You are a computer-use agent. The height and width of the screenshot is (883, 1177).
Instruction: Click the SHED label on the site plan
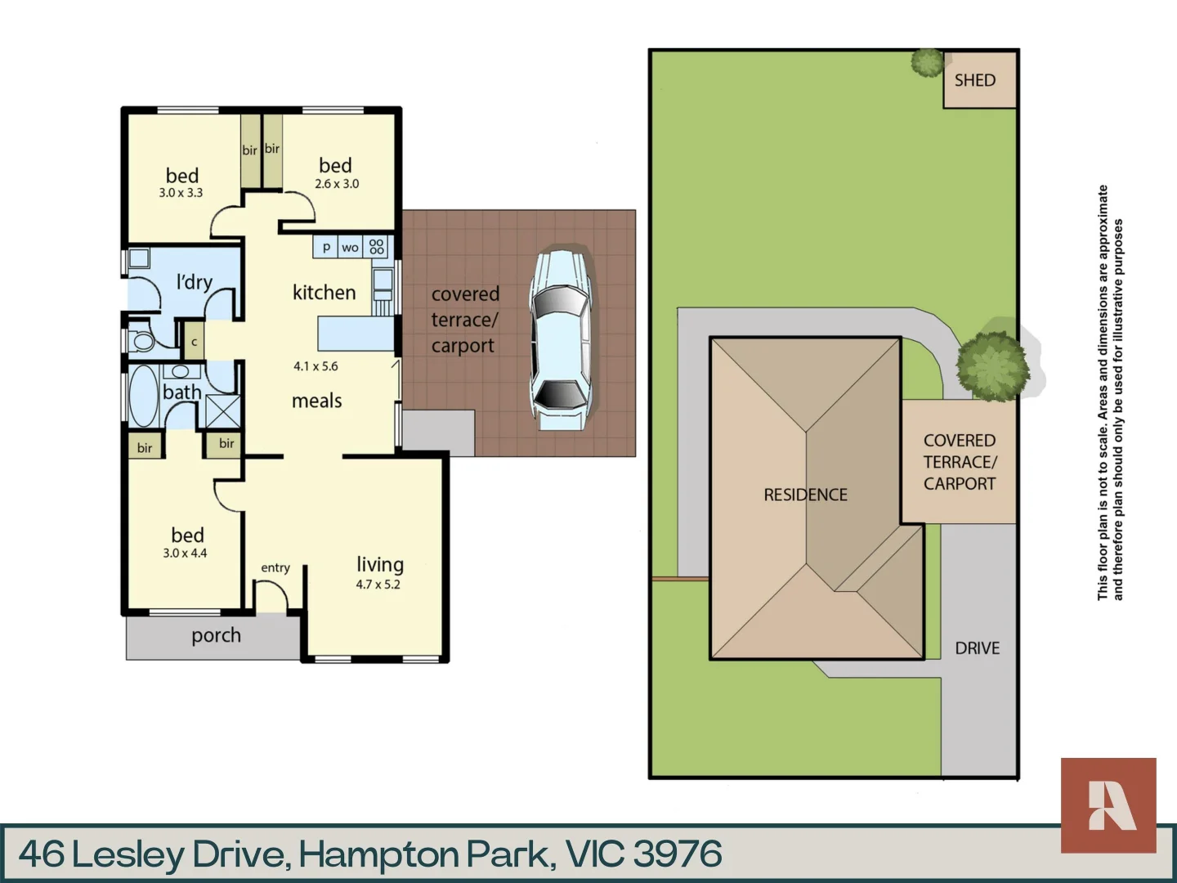975,80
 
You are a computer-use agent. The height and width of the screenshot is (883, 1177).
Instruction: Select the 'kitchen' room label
324,293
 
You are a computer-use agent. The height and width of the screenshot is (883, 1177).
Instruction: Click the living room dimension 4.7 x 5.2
378,585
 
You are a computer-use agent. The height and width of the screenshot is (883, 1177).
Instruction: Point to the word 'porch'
216,635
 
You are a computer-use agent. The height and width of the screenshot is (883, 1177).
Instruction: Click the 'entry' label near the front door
275,567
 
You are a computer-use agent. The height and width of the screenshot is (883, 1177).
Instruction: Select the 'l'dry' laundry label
195,282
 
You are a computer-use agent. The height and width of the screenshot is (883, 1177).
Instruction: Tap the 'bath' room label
181,392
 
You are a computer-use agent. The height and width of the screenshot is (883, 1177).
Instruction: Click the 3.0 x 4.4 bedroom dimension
185,554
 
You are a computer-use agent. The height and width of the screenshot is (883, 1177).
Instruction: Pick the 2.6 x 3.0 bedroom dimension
337,184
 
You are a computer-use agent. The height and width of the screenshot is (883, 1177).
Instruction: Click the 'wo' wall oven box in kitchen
350,247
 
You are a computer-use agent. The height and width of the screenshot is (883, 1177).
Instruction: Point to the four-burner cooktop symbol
377,246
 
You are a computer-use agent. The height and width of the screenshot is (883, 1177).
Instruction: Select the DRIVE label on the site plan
977,648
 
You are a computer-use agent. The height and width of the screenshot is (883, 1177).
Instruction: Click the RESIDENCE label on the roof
805,495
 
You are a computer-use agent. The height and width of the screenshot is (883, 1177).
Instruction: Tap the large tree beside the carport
992,365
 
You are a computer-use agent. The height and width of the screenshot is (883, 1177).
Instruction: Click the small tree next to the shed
928,62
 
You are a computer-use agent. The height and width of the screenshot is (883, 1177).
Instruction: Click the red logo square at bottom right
1108,805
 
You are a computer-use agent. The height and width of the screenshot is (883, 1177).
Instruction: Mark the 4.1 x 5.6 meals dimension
316,366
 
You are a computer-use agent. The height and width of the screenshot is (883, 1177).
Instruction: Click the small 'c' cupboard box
194,343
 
